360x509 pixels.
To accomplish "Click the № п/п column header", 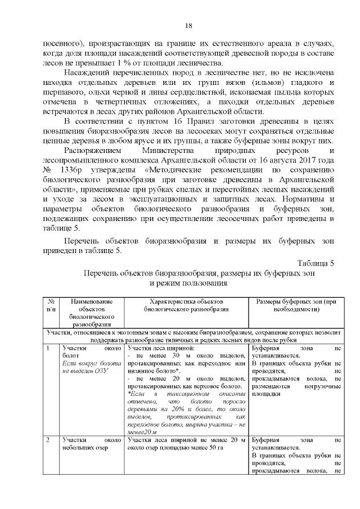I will [x=51, y=305].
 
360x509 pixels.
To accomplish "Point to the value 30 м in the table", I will [x=183, y=357].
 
